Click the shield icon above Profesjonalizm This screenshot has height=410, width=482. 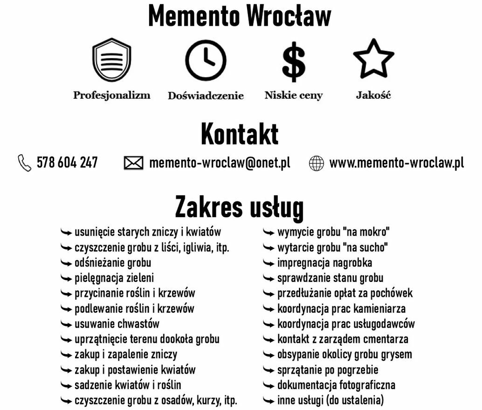coord(111,61)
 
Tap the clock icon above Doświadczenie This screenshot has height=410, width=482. coord(206,61)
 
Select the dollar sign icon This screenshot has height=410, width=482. coord(294,61)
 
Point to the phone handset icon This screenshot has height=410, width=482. coord(24,163)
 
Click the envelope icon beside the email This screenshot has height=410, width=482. coord(133,163)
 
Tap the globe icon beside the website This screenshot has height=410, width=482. coord(317,164)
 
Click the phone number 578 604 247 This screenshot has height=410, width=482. coord(67,163)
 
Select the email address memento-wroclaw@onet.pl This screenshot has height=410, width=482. coord(220,163)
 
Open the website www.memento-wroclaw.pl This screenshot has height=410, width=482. coord(397,163)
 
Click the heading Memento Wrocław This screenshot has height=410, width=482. coord(240,16)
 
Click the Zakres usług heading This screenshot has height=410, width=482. coord(240,207)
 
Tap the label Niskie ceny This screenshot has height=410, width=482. coord(294,96)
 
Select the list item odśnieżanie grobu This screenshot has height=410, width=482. coord(113,263)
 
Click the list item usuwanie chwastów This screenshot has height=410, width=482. coord(117,324)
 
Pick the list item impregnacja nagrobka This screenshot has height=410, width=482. coord(324,263)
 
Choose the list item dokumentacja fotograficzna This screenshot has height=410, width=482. coord(336,385)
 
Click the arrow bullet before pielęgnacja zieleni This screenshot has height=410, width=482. coord(67,279)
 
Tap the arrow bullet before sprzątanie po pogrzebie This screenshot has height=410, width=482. coord(269,370)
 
